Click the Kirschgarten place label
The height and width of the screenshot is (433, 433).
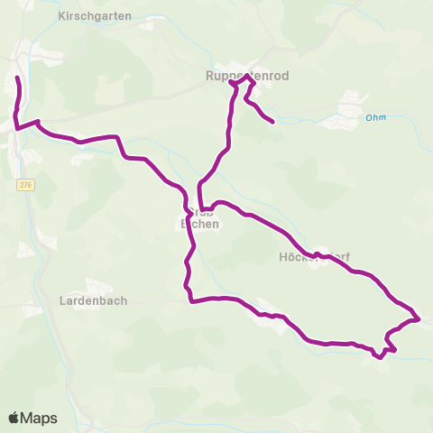point(94,16)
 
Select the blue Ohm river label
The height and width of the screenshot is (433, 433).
point(376,116)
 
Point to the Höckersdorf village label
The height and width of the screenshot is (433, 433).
point(314,256)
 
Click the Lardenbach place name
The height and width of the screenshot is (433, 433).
point(93,300)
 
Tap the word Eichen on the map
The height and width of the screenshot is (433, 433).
point(199,225)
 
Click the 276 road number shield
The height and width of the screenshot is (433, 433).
point(23,184)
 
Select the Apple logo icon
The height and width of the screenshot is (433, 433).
point(14,418)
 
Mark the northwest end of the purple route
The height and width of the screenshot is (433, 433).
point(17,79)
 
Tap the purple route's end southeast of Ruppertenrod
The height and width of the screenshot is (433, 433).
point(272,121)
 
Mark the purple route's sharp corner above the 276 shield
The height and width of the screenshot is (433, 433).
point(16,128)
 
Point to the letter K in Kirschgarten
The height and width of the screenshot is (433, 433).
point(60,16)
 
